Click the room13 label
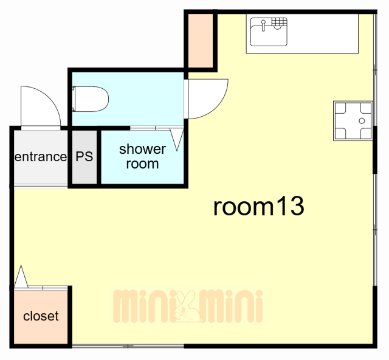point(258,206)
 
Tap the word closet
point(41,316)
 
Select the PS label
point(84,156)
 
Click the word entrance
point(41,157)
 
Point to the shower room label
point(142,156)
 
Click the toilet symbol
point(91,99)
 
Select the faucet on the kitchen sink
point(263,26)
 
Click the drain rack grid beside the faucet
point(280,22)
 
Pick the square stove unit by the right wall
point(353,121)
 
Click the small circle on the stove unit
point(362,121)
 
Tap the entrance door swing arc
point(47,98)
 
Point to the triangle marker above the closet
point(21,277)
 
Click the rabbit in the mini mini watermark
point(187,306)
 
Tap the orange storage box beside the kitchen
point(201,41)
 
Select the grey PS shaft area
point(84,157)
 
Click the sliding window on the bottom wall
point(128,345)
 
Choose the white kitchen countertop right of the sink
point(323,33)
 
